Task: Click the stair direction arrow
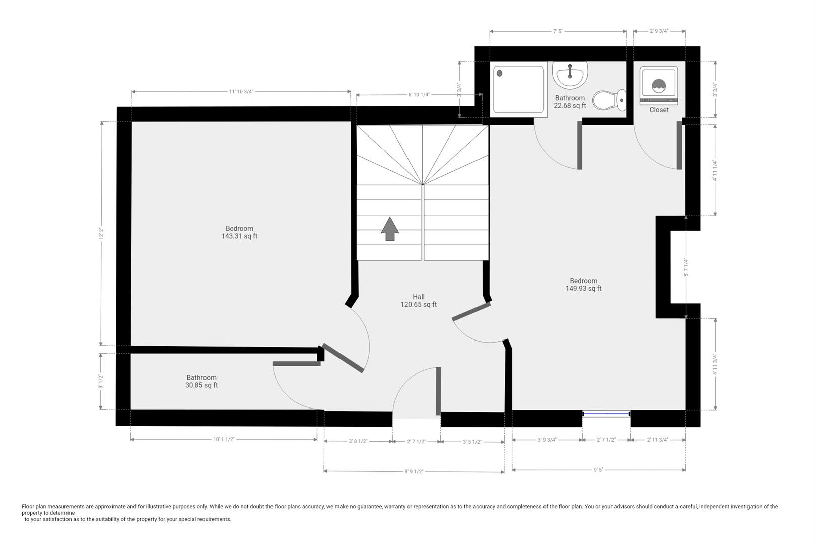click(x=390, y=229)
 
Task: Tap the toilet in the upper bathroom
click(x=608, y=100)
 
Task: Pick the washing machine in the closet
click(x=659, y=86)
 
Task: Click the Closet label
click(x=659, y=110)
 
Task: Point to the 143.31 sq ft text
click(x=239, y=236)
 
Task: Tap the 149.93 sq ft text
click(x=583, y=289)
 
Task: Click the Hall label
click(x=419, y=297)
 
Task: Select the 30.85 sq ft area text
click(x=201, y=385)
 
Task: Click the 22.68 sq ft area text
click(x=570, y=106)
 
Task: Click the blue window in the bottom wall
click(x=606, y=414)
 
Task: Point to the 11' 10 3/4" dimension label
click(x=241, y=92)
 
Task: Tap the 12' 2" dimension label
click(x=101, y=233)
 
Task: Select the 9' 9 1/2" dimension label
click(x=414, y=472)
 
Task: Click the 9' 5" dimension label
click(x=598, y=470)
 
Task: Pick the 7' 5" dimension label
click(x=558, y=31)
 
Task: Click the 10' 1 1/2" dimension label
click(x=224, y=439)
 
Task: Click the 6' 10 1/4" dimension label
click(x=419, y=95)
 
